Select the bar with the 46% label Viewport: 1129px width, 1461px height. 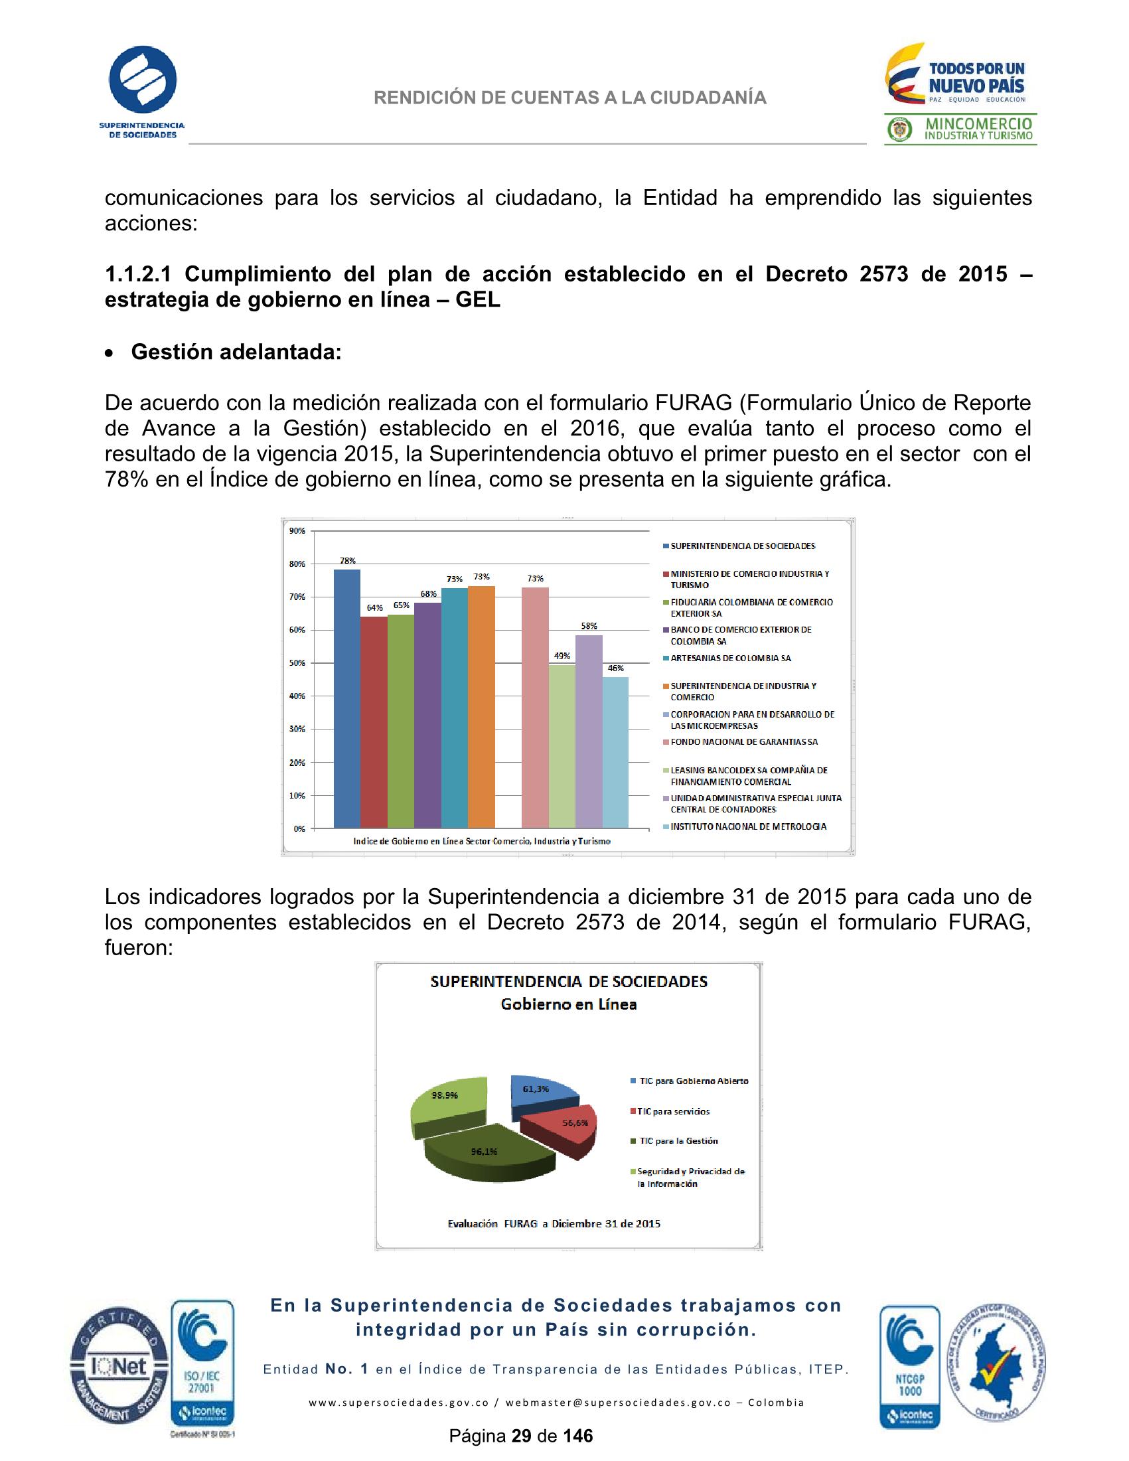coord(615,752)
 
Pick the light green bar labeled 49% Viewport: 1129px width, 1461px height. coord(562,745)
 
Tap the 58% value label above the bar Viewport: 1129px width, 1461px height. coord(589,626)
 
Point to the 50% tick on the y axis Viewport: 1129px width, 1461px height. coord(297,663)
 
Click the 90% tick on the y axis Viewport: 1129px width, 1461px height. coord(297,531)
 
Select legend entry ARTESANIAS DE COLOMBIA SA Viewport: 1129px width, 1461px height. coord(730,658)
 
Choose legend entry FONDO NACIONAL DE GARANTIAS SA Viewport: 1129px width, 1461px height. coord(744,742)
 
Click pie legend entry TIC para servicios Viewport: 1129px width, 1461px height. coord(673,1111)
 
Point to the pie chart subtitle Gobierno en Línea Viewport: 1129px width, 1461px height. coord(569,1004)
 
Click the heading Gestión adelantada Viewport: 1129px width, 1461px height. coord(236,352)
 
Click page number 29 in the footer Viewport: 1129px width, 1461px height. coord(520,1436)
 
